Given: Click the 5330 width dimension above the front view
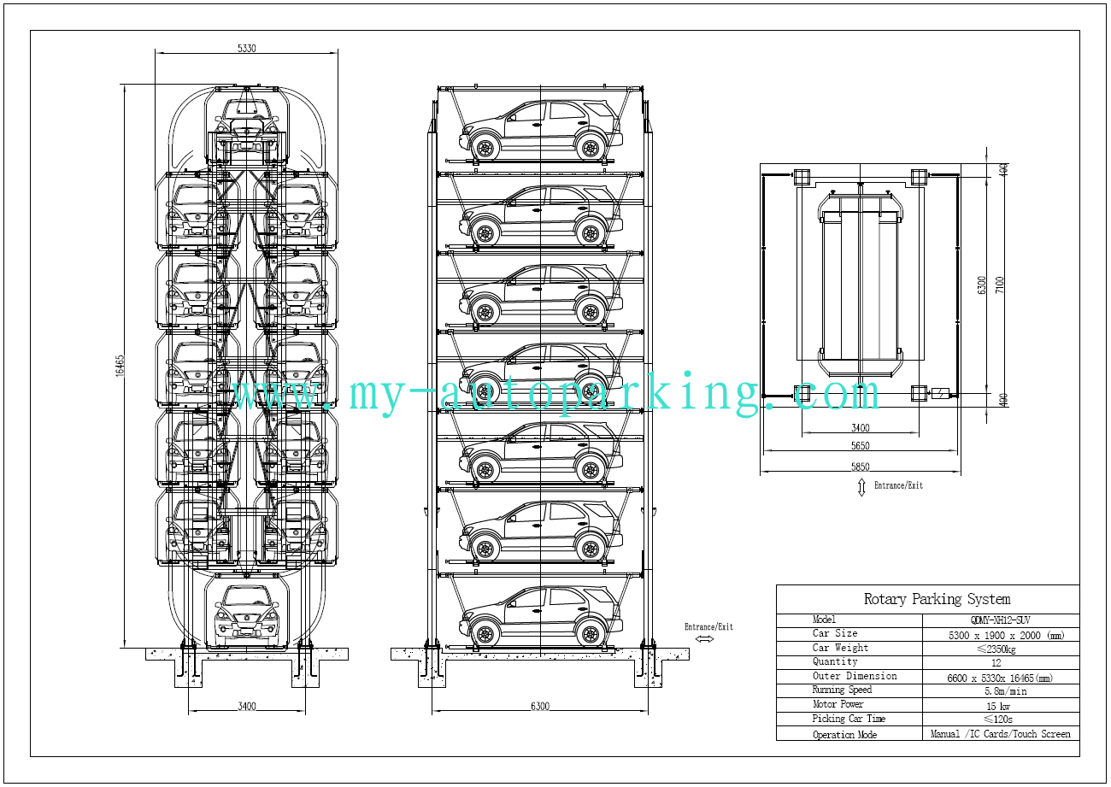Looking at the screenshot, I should coord(246,49).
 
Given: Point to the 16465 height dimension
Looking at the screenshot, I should coord(121,365).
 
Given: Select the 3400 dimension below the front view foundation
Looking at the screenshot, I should coord(246,706).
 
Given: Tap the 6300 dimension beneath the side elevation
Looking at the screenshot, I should coord(540,706).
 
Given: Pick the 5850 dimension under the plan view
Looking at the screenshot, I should coord(861,466).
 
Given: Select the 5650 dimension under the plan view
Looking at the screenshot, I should coord(861,445).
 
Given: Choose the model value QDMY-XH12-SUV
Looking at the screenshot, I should coord(1000,620).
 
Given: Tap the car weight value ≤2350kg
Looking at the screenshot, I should coord(1000,648).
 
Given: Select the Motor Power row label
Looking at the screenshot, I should coord(838,705).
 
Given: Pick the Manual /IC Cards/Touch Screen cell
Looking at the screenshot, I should coord(1000,734).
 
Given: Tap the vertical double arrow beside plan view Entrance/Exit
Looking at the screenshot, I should coord(861,487).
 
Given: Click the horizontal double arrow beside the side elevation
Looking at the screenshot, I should coord(705,639).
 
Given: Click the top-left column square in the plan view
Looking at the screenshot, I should coord(802,177).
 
